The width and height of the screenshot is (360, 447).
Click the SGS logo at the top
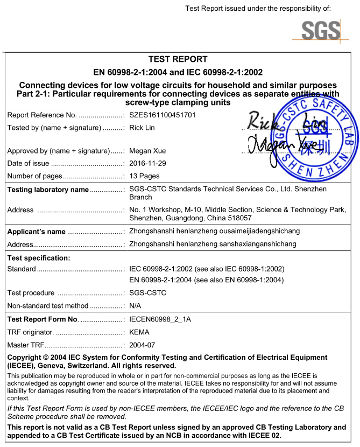321,30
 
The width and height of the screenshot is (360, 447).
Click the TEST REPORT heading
178,59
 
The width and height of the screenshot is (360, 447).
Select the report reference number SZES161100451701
163,115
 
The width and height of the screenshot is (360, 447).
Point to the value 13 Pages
145,176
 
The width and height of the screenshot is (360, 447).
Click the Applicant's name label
36,232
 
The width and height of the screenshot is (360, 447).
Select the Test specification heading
39,258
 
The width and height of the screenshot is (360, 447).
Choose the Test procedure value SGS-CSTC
148,293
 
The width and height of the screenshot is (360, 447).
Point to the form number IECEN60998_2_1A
160,319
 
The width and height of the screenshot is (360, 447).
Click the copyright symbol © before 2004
46,358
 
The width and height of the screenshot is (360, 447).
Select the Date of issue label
28,164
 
